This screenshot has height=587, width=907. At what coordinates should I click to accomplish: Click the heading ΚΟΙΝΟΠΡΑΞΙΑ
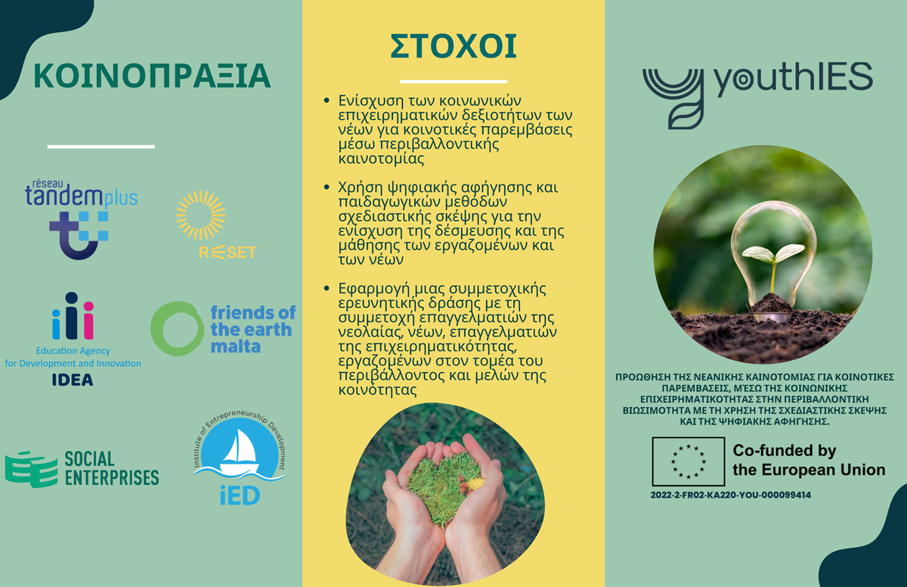point(152,76)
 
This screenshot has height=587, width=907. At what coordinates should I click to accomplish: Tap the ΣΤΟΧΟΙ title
point(453,47)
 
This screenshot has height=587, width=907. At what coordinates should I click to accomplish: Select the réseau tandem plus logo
point(81,219)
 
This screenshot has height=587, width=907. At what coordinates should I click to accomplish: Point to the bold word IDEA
point(73,380)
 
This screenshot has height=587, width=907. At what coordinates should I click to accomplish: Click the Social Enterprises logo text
point(112,468)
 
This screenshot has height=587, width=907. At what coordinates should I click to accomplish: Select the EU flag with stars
point(689,461)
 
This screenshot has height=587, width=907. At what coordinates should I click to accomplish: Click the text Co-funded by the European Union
point(809,460)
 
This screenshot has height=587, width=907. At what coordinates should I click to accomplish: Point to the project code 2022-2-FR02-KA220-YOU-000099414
point(730,495)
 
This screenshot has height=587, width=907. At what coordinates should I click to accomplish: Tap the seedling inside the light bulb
point(773,263)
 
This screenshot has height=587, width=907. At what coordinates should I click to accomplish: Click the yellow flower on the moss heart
point(475,483)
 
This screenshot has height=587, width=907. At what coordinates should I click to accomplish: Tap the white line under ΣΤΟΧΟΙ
point(453,82)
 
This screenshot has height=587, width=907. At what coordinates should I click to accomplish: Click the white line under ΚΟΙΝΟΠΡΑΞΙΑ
point(101,147)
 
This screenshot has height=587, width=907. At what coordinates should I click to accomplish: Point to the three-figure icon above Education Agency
point(73,316)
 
